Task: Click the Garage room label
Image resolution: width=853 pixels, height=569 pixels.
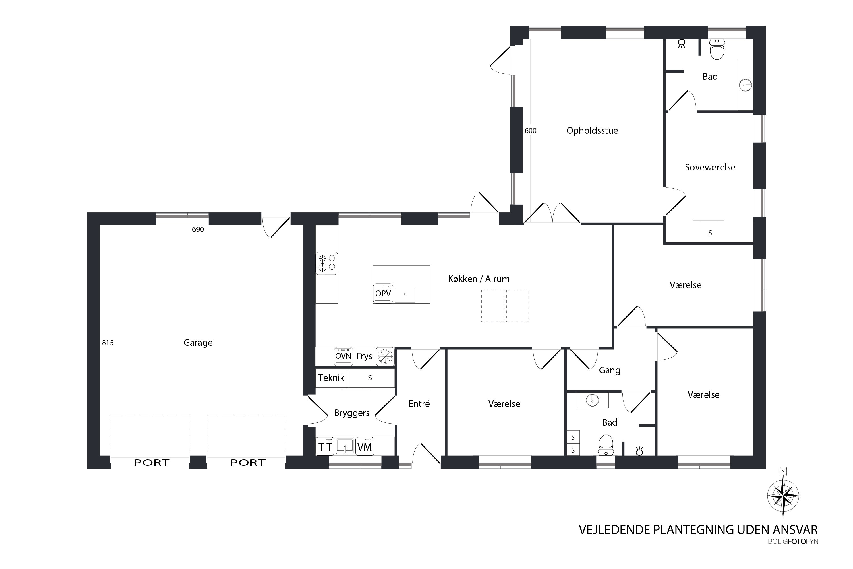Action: coord(198,343)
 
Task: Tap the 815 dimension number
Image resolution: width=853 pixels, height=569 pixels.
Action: coord(108,343)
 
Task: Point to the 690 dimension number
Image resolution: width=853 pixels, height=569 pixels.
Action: coord(198,229)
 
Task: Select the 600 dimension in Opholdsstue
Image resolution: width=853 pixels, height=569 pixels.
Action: coord(531,131)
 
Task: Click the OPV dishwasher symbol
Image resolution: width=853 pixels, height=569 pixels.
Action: coord(383,293)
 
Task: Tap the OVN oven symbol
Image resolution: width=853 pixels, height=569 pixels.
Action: coord(343,356)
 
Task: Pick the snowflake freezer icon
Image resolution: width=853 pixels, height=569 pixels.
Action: coord(385,356)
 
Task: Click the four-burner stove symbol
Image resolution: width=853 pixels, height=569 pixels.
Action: coord(327,263)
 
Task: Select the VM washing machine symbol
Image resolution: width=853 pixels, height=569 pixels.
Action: coord(365,446)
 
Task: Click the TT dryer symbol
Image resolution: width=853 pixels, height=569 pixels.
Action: coord(325,446)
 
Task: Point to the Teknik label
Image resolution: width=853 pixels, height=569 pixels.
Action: coord(331,378)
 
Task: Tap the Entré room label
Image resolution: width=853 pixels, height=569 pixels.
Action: coord(419,403)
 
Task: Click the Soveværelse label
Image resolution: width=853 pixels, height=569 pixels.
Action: coord(710,167)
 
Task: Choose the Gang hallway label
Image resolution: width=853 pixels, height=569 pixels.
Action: coord(610,370)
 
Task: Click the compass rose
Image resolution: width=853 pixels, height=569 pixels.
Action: coord(783,496)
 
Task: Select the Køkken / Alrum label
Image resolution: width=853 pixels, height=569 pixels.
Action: coord(479,279)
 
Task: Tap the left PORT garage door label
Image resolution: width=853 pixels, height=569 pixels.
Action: coord(152,463)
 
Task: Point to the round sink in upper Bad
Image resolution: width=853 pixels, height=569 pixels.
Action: coord(745,85)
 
